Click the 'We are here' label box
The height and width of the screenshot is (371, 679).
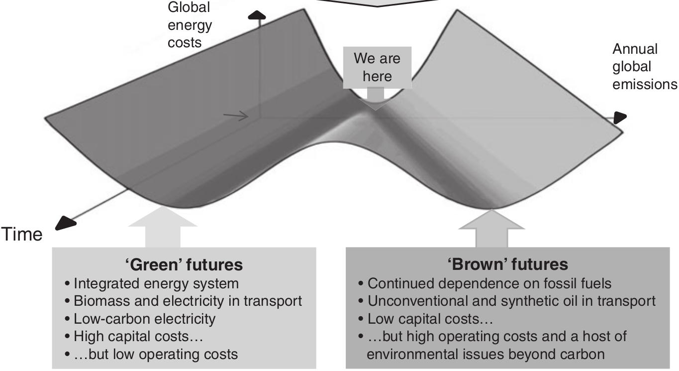[377, 67]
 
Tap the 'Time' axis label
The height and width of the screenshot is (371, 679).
[23, 234]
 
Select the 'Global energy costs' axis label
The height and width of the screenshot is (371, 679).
[190, 25]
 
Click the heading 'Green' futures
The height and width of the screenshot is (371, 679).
[184, 264]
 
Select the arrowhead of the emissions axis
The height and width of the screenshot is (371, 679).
[619, 118]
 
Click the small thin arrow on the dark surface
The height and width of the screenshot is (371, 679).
[236, 116]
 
